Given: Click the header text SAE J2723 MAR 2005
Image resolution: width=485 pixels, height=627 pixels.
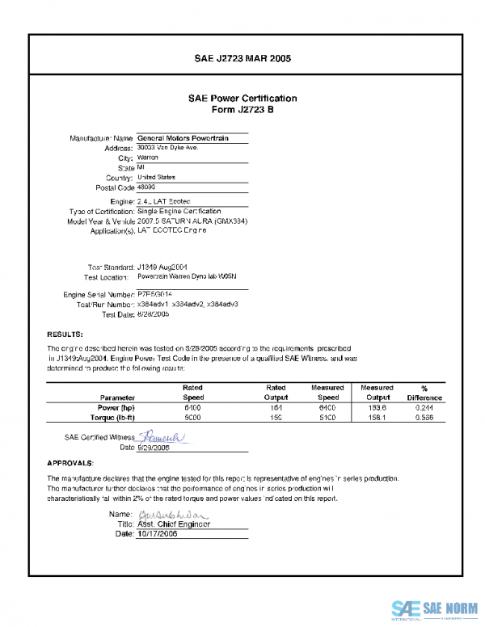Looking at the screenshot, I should (x=242, y=59).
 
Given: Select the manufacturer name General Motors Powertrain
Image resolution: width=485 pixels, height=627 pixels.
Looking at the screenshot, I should (x=183, y=138).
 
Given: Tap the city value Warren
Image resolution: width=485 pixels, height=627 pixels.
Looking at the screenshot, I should (x=148, y=158).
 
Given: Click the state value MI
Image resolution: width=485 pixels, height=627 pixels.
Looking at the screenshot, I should (x=141, y=167).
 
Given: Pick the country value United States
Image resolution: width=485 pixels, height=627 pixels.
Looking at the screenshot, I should (x=156, y=177).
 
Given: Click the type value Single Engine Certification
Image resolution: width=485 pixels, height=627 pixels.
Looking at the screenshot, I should (x=179, y=211).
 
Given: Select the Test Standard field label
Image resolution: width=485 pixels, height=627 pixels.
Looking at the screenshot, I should (x=109, y=267).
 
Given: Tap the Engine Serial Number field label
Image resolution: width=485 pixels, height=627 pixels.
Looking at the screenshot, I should (x=99, y=295).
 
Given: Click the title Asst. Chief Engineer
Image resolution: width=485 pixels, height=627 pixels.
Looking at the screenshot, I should (x=174, y=524).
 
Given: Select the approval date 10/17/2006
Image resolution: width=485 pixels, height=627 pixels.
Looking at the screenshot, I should (x=163, y=533).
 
